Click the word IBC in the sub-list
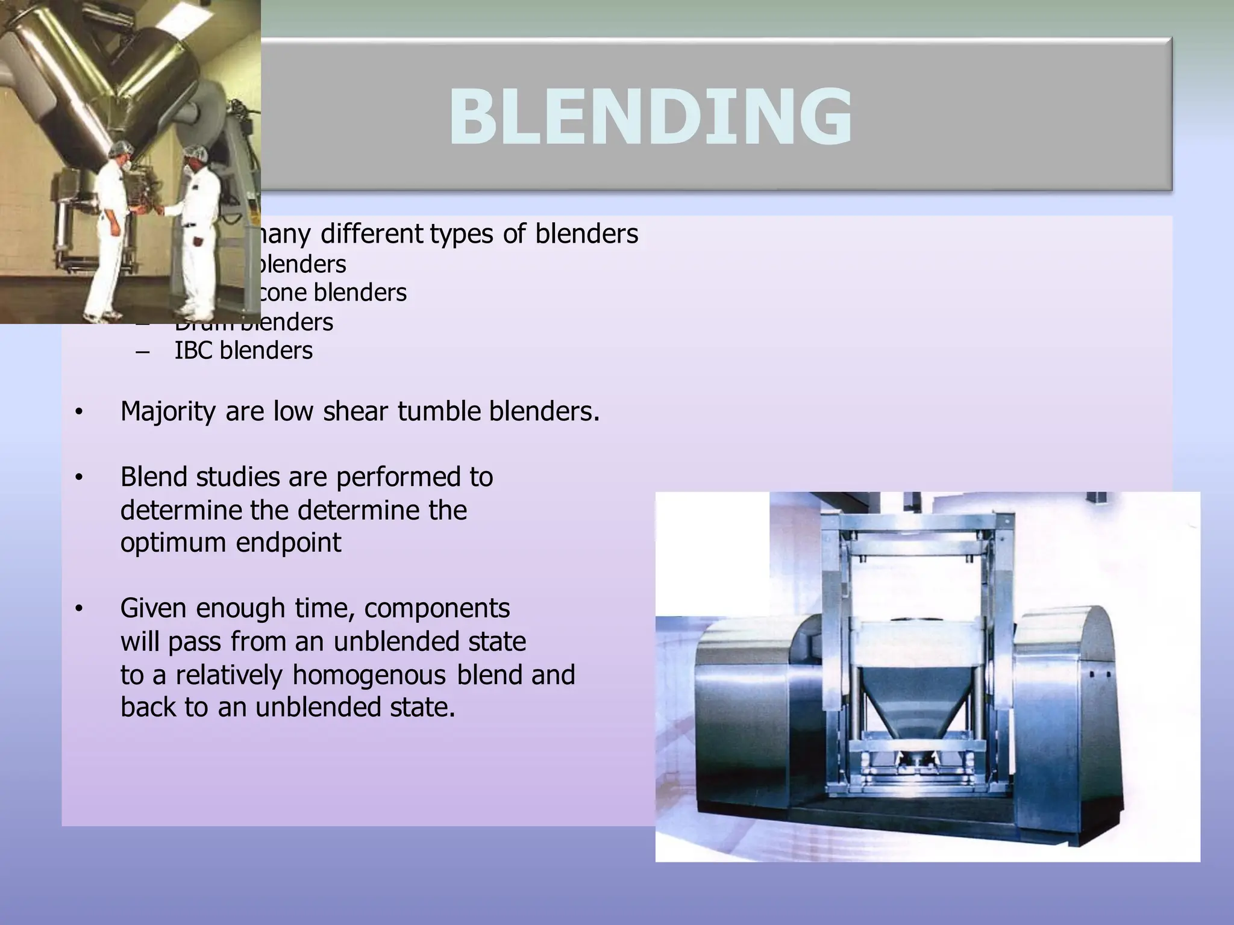[193, 350]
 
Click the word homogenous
[369, 675]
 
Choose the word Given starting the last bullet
[154, 609]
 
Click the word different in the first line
[371, 234]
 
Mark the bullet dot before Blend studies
[78, 478]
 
